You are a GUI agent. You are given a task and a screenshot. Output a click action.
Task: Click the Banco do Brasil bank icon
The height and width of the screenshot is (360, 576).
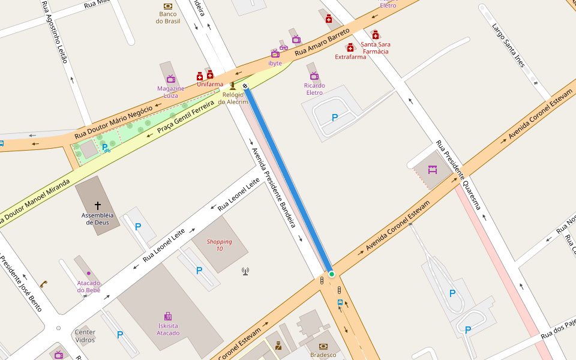click(x=168, y=6)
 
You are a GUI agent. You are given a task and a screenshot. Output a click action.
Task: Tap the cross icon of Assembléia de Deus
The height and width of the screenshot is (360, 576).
click(x=98, y=205)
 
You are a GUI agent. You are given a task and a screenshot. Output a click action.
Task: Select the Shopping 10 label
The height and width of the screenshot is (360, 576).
click(x=219, y=245)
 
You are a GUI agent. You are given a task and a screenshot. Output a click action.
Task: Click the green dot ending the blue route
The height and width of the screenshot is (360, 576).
click(x=331, y=274)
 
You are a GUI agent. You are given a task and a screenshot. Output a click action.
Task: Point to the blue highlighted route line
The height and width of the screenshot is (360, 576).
click(x=288, y=180)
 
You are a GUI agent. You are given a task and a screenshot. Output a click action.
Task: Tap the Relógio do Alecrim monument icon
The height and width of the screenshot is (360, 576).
click(x=233, y=86)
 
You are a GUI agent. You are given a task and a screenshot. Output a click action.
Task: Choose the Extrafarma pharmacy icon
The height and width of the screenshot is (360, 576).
click(x=350, y=47)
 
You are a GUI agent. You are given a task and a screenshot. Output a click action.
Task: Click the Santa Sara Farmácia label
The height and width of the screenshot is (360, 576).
click(x=375, y=48)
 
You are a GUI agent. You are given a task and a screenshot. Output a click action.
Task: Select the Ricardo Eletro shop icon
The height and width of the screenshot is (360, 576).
click(x=314, y=76)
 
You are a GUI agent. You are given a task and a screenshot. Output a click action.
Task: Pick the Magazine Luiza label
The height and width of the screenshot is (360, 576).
click(x=170, y=92)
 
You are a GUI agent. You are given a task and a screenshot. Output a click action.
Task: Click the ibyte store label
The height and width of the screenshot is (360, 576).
click(x=275, y=63)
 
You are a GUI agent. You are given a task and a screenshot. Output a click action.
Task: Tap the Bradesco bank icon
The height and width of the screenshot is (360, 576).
click(x=323, y=346)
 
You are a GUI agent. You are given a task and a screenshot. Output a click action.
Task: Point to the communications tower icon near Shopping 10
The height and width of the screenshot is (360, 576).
click(x=245, y=271)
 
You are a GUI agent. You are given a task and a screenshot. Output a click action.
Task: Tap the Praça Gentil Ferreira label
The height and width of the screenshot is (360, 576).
click(x=185, y=118)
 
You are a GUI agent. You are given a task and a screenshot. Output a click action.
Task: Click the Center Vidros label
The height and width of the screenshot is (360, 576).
click(x=85, y=336)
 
